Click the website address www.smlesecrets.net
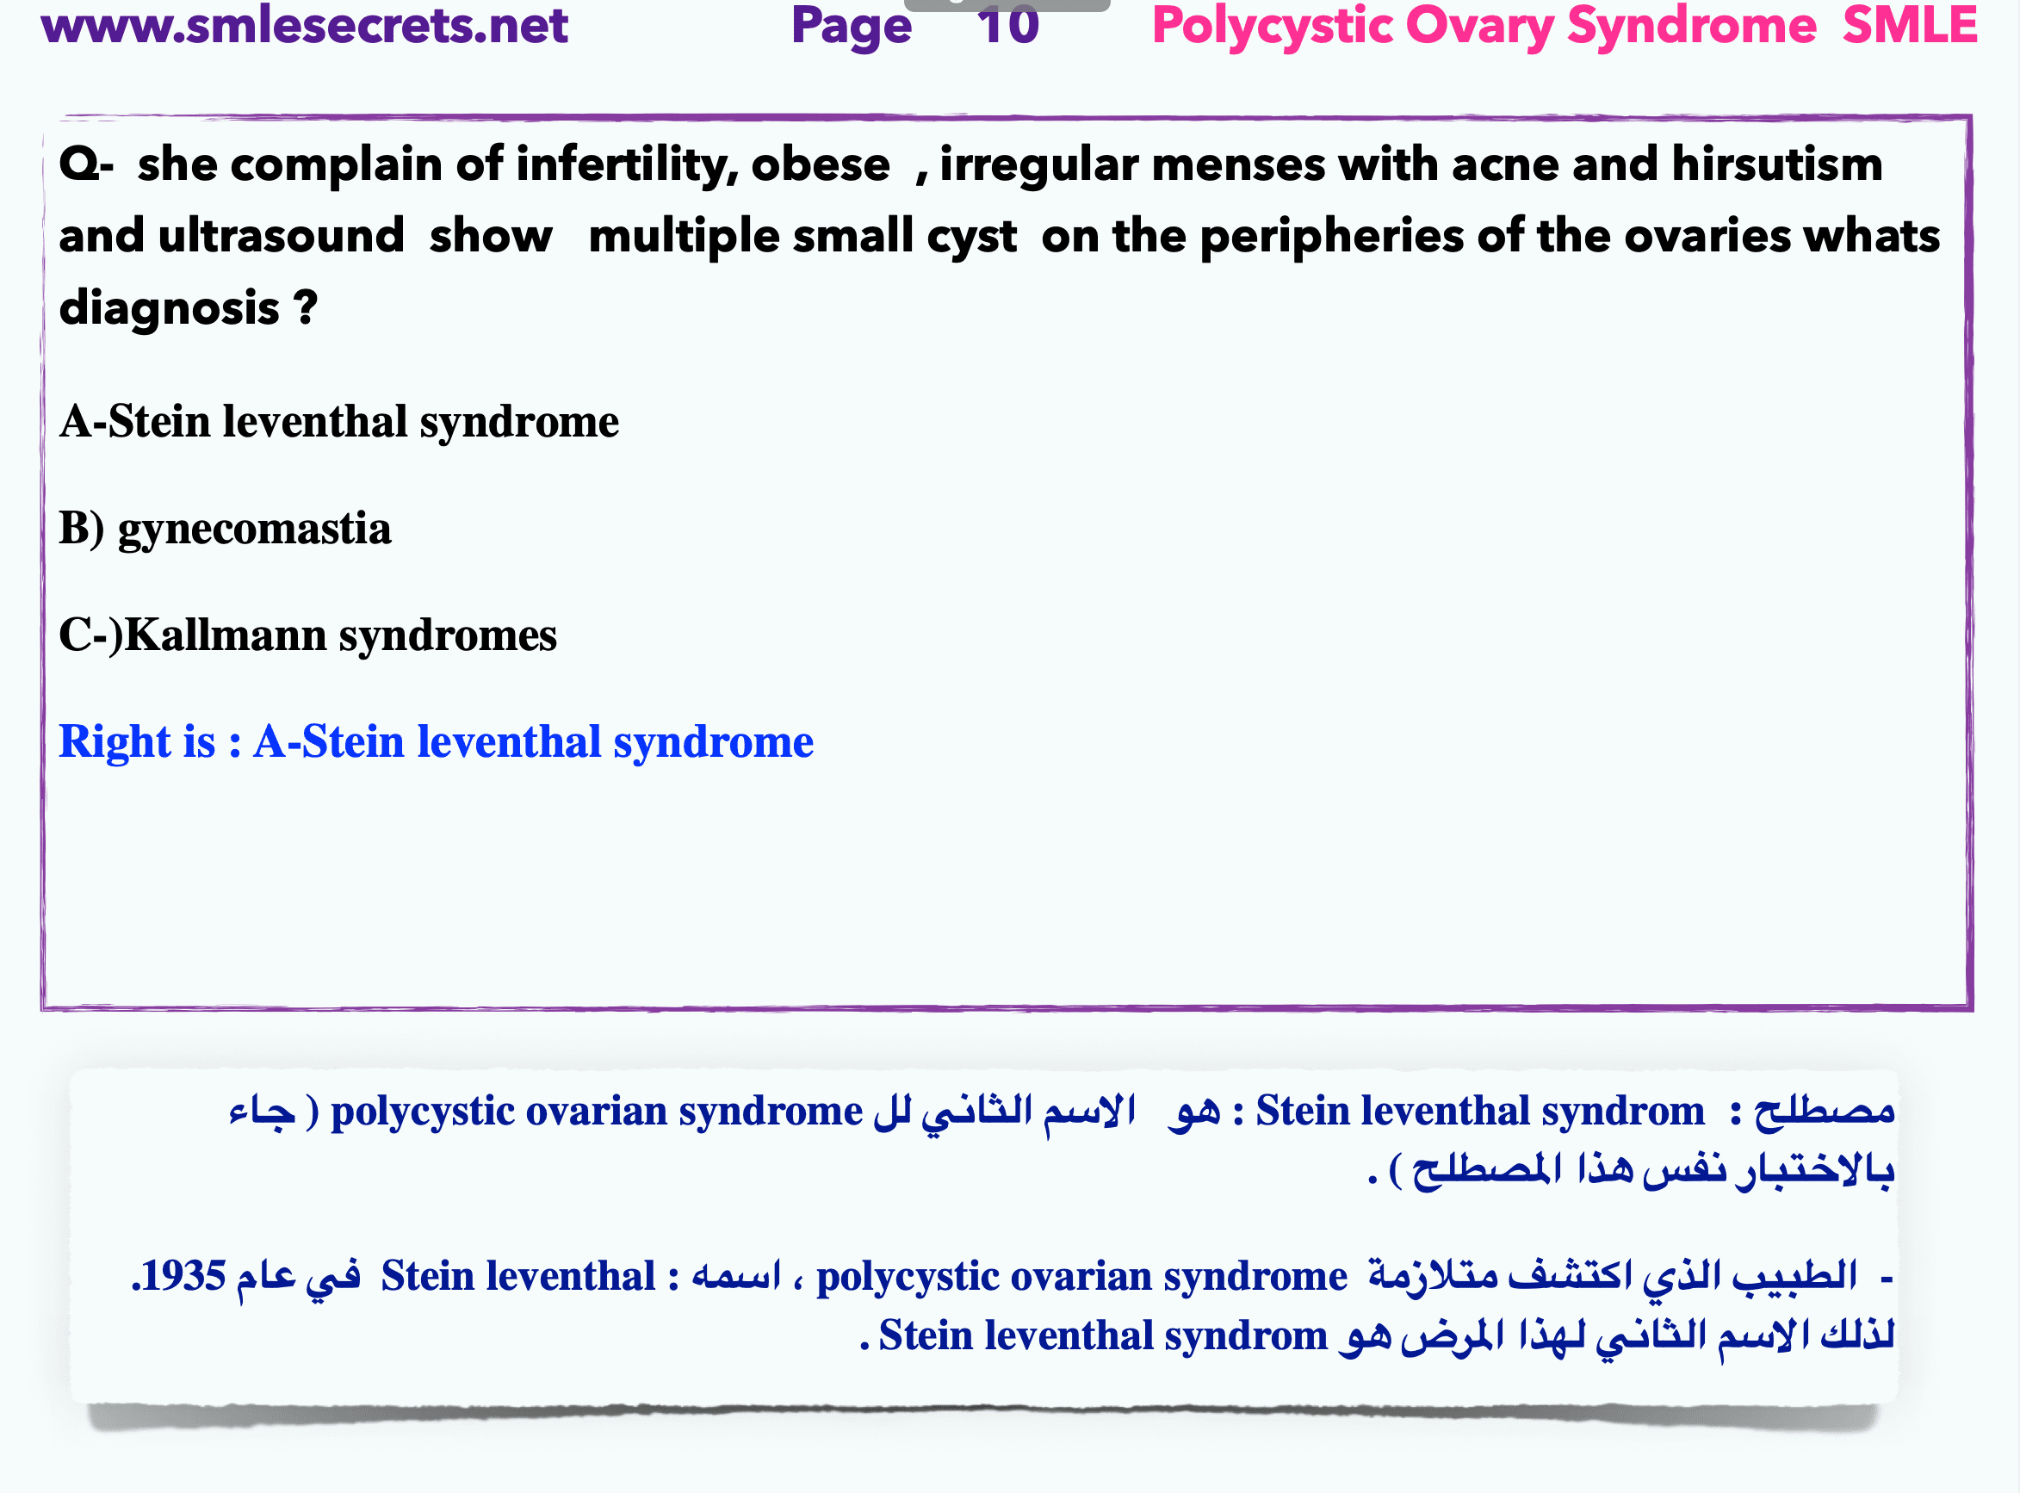pos(305,24)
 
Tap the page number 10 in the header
pos(1007,24)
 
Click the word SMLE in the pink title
pos(1910,24)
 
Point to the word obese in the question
pos(821,165)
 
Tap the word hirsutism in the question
pos(1777,164)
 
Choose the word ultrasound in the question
pos(281,236)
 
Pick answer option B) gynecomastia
pos(225,530)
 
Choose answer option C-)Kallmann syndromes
pos(308,635)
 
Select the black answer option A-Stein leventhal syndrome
pos(339,422)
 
